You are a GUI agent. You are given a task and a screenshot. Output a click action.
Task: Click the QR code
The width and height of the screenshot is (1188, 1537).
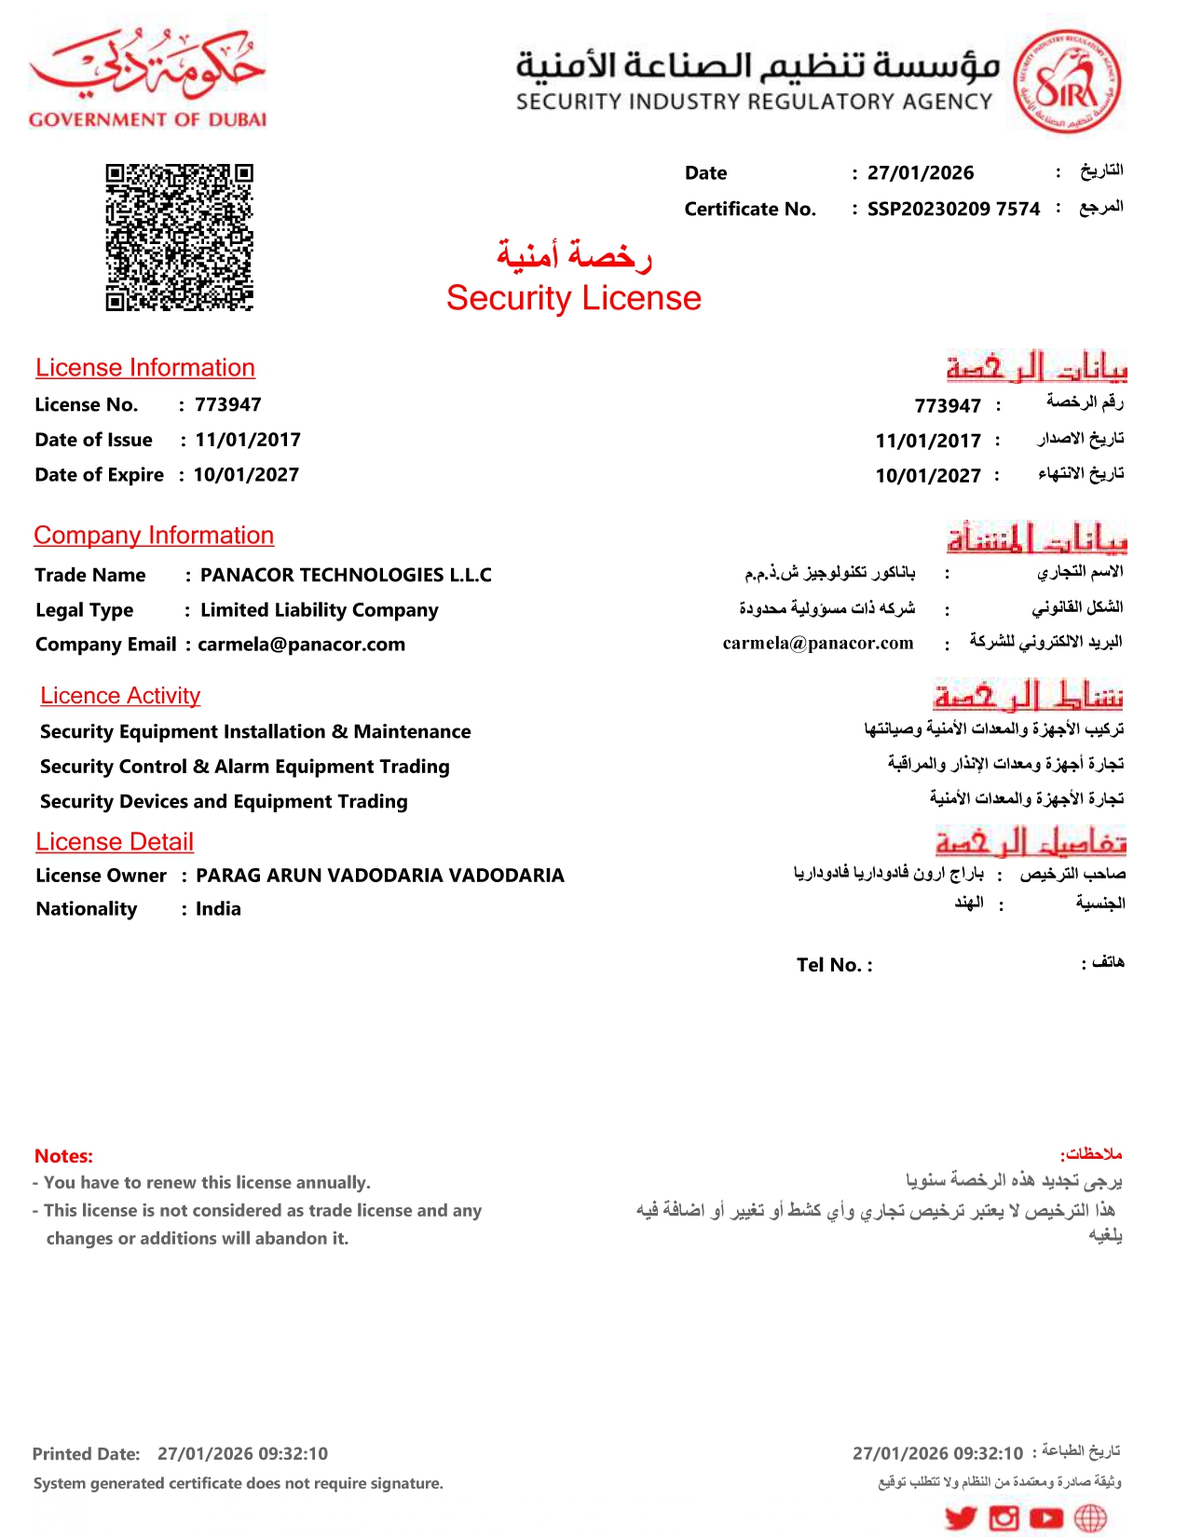point(179,237)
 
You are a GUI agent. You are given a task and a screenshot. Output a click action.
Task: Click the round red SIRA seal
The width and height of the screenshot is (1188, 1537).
point(1067,82)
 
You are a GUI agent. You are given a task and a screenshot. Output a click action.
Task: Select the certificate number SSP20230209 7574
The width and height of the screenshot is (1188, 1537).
point(953,209)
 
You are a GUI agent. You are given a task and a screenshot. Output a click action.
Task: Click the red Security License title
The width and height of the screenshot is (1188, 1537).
point(573,298)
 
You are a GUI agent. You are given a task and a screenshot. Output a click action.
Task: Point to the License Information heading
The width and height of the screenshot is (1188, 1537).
point(145,368)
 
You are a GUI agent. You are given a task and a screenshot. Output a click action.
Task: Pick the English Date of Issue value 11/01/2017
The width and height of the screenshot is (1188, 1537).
point(248,440)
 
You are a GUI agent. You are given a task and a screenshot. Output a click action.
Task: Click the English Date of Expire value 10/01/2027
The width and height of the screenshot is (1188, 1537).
point(246,475)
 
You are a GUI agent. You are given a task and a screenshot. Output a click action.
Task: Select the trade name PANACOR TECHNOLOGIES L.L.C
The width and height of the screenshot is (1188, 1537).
point(346,575)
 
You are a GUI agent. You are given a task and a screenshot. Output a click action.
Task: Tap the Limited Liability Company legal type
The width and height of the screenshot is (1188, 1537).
point(319,610)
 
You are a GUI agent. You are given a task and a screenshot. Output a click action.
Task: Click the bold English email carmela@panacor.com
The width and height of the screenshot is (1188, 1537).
point(301,645)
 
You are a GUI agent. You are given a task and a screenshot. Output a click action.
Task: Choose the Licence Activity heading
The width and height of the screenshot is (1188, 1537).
point(120,696)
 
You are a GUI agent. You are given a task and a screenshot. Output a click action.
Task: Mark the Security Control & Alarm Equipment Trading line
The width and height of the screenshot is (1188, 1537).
point(244,767)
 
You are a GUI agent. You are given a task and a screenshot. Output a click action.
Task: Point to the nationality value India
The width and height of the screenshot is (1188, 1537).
point(218,909)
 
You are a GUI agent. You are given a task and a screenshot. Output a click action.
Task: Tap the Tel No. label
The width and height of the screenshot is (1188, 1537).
point(833,965)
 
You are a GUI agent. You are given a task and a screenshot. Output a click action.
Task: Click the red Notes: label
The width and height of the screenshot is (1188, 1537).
point(63,1156)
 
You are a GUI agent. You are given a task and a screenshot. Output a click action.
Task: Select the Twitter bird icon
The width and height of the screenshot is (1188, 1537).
point(960,1518)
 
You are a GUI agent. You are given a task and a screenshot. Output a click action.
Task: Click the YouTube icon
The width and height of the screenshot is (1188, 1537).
point(1046,1518)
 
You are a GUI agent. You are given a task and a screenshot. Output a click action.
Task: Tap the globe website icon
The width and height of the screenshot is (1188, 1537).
point(1090,1518)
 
